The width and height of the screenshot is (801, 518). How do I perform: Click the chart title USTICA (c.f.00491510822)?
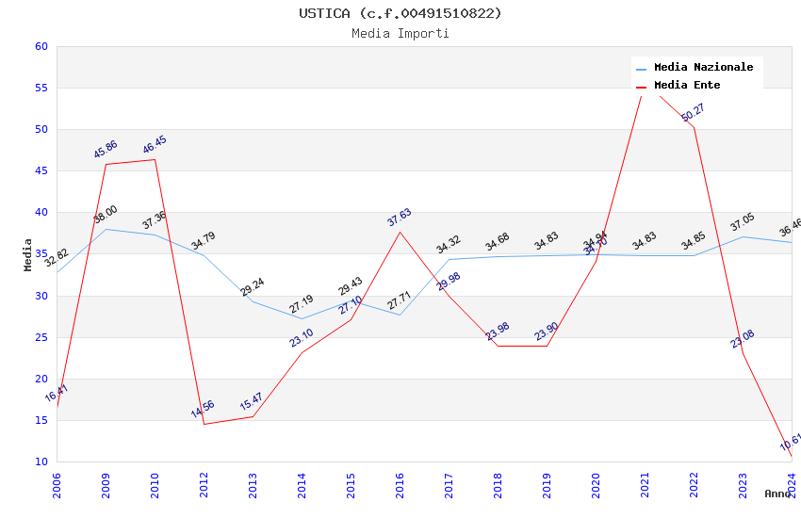pos(400,13)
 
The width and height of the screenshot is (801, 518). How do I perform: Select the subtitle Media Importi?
pos(400,33)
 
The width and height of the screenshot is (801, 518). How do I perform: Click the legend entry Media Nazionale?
pos(703,67)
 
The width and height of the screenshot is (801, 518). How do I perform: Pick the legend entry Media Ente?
pos(687,85)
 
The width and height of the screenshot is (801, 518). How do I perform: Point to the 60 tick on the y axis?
pos(41,46)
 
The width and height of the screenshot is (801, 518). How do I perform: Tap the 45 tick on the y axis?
pos(41,170)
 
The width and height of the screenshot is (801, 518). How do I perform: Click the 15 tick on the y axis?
pos(41,420)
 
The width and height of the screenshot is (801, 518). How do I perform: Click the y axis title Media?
pos(28,254)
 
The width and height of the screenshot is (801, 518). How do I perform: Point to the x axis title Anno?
pos(777,494)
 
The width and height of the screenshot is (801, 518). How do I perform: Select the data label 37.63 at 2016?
pos(400,218)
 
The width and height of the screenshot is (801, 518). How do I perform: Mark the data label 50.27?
pos(693,112)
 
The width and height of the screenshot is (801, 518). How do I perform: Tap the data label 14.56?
pos(203,409)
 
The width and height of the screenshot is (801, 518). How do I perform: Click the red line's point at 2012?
pos(204,424)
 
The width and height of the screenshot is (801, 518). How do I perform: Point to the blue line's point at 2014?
pos(302,318)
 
